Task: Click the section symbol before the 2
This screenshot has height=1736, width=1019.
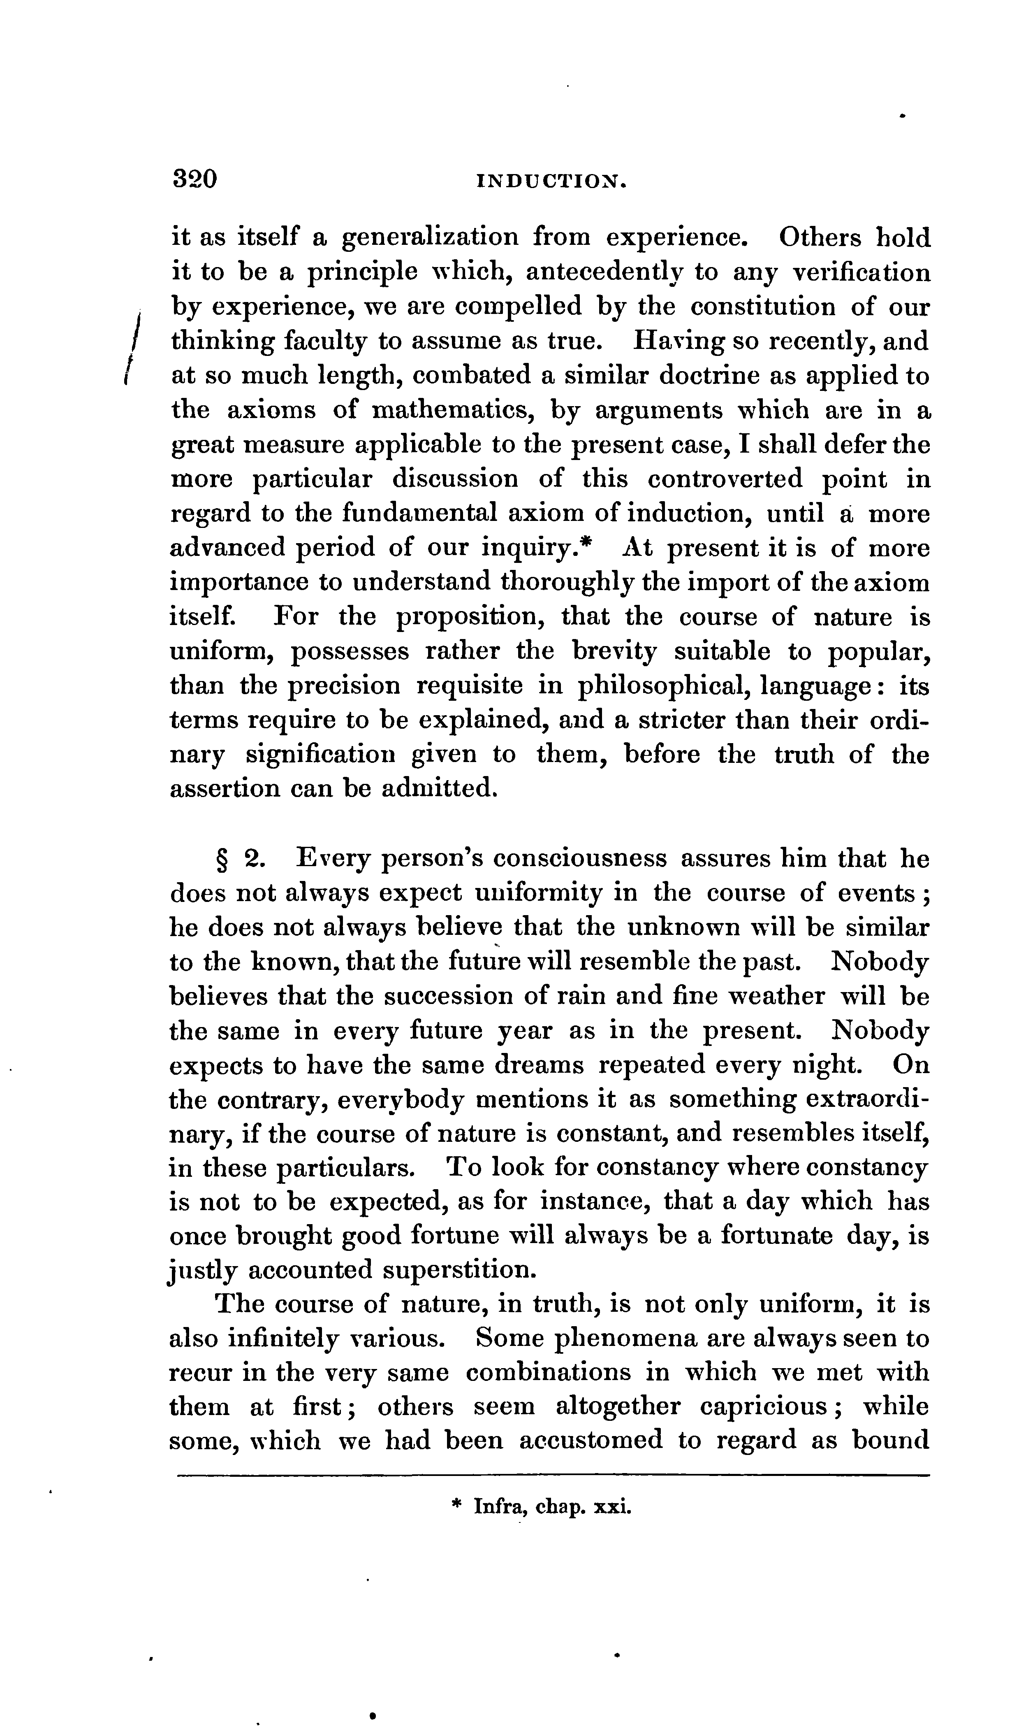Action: click(x=222, y=860)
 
